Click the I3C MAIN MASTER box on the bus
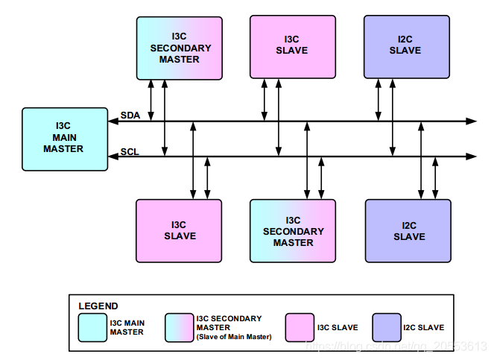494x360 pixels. point(63,139)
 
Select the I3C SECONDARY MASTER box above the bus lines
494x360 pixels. point(180,48)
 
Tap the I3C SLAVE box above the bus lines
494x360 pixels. point(293,45)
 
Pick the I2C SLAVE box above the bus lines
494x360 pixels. point(407,45)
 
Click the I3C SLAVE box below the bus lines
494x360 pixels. point(179,230)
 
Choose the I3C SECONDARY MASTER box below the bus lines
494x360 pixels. point(294,231)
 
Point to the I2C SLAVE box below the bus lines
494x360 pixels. point(408,231)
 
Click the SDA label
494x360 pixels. point(130,115)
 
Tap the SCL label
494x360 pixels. point(130,151)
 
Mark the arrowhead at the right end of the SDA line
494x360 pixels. point(471,120)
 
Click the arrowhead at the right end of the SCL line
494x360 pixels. point(471,157)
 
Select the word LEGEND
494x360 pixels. point(98,306)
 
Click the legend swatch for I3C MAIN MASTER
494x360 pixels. point(92,327)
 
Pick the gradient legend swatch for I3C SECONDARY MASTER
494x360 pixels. point(179,327)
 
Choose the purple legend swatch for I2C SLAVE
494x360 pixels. point(386,327)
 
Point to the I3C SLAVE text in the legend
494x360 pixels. point(338,327)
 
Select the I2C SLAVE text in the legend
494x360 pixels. point(423,327)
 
